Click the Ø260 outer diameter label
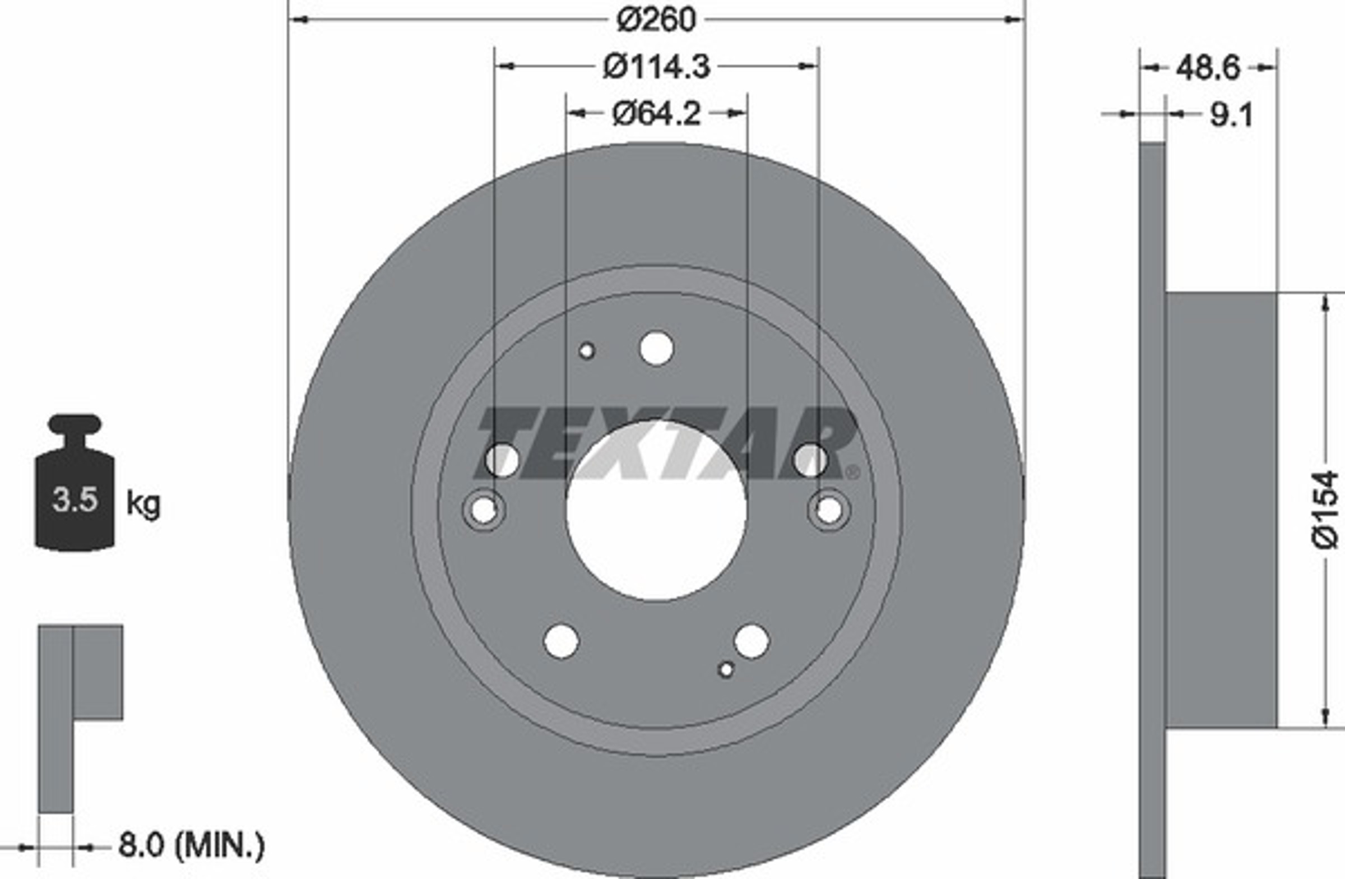click(x=656, y=20)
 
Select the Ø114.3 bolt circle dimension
click(x=656, y=67)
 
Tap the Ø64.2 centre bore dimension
click(x=656, y=114)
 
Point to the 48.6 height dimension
click(x=1208, y=68)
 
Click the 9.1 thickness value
click(x=1231, y=115)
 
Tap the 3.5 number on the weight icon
click(x=75, y=499)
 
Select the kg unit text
click(x=143, y=503)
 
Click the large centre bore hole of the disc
click(x=656, y=511)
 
